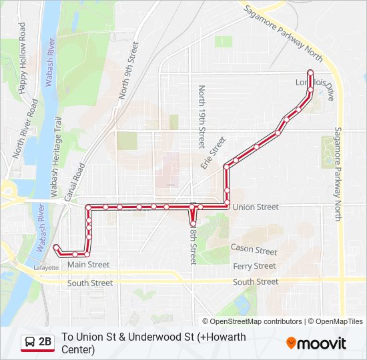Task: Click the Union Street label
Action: coord(256,207)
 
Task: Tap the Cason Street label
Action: coord(254,250)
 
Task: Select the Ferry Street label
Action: coord(254,266)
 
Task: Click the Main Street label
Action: coord(89,265)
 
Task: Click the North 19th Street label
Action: coord(202,117)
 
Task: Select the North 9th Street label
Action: coord(129,71)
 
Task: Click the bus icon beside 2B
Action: coord(31,343)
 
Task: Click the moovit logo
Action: coord(316,343)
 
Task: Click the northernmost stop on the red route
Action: coord(310,73)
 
